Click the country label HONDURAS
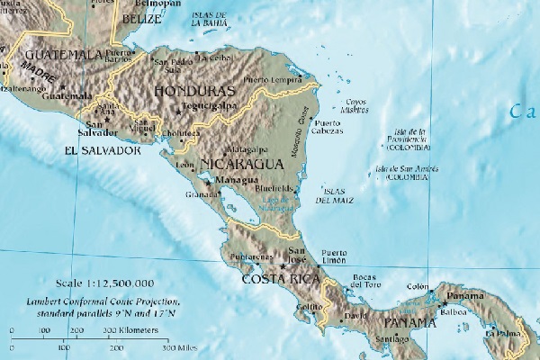coord(194,91)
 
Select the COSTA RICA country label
coord(281,280)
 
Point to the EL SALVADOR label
coord(104,150)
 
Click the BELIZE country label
coord(141,18)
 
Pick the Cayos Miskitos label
coord(357,105)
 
